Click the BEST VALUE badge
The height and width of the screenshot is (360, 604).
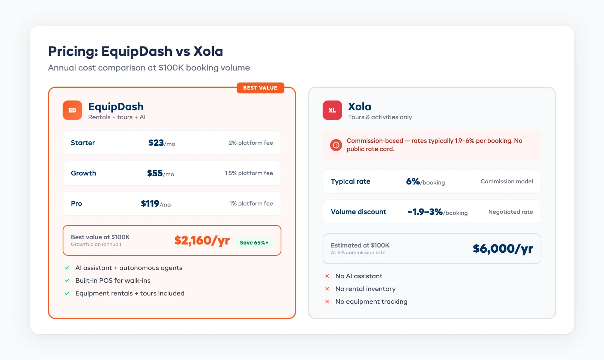pos(260,88)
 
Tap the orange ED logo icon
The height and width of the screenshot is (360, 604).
pos(72,110)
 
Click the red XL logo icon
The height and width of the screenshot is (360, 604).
pos(332,110)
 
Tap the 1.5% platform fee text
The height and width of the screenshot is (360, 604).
pos(249,173)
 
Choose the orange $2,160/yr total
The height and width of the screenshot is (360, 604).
pos(202,240)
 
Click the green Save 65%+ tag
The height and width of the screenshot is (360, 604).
pos(254,243)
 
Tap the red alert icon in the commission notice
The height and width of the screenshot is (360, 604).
pos(336,145)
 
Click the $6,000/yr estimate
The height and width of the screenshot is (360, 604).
pos(503,249)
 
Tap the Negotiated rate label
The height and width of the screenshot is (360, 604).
pos(510,212)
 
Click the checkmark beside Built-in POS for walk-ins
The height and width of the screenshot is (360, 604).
pos(67,280)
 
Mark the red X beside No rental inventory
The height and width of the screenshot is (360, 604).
pos(327,289)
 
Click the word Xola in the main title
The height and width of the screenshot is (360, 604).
pos(208,51)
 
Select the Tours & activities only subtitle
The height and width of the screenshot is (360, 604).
pos(380,117)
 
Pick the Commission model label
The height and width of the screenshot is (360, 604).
pos(506,181)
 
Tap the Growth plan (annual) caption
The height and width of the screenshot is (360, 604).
pos(96,244)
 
